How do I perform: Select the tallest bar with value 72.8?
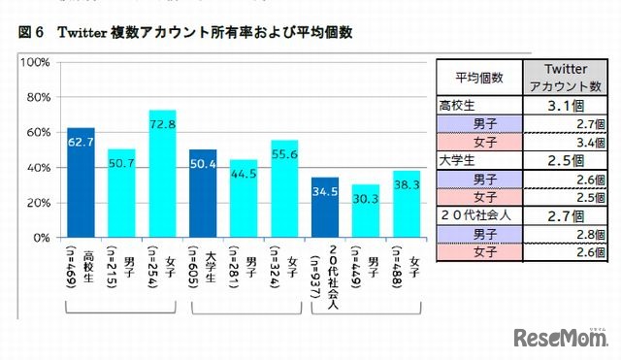pyautogui.click(x=162, y=174)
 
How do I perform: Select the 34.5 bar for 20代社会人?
pyautogui.click(x=325, y=207)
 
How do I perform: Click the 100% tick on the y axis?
pyautogui.click(x=35, y=62)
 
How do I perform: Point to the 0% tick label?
pyautogui.click(x=41, y=238)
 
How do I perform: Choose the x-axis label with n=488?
pyautogui.click(x=409, y=267)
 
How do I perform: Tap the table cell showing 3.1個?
pyautogui.click(x=565, y=106)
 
